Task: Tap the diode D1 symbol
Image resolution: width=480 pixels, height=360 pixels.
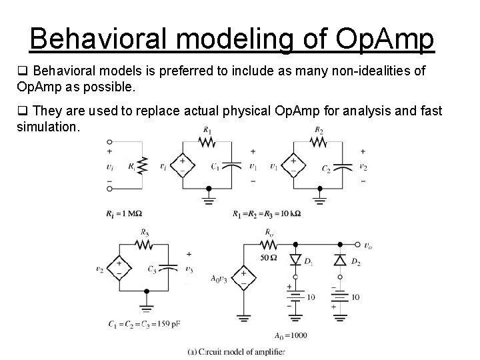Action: coord(293,258)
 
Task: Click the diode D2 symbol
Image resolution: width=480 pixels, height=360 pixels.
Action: coord(340,258)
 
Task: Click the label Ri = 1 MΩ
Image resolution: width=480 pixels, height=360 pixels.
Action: coord(124,213)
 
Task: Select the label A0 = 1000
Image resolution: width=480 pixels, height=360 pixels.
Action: coord(291,335)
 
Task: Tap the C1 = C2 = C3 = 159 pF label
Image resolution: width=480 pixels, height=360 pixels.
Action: coord(143,324)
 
